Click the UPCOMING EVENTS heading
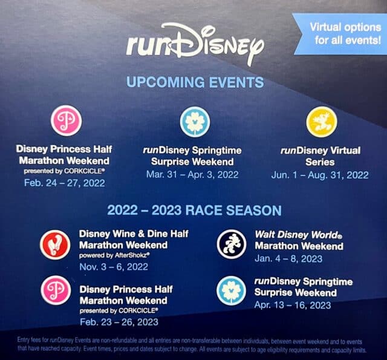pos(195,82)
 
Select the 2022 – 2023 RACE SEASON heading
pos(195,211)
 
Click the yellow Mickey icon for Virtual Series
pos(321,122)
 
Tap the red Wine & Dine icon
pos(55,244)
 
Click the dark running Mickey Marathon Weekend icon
pos(232,244)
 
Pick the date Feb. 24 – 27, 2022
pos(65,183)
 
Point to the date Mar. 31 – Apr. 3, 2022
pos(192,175)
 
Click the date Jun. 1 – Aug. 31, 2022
pos(320,175)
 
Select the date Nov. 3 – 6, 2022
pos(114,267)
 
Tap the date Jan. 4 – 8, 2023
pos(288,259)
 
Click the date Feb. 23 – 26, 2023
pos(119,322)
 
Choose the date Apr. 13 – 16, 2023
pos(293,305)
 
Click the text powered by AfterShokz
pos(114,255)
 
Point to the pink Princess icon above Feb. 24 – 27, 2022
pos(66,120)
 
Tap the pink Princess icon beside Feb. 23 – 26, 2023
pos(56,290)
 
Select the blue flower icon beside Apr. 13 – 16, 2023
pos(231,290)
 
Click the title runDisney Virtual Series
pos(320,156)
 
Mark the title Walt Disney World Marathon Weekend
pos(299,240)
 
